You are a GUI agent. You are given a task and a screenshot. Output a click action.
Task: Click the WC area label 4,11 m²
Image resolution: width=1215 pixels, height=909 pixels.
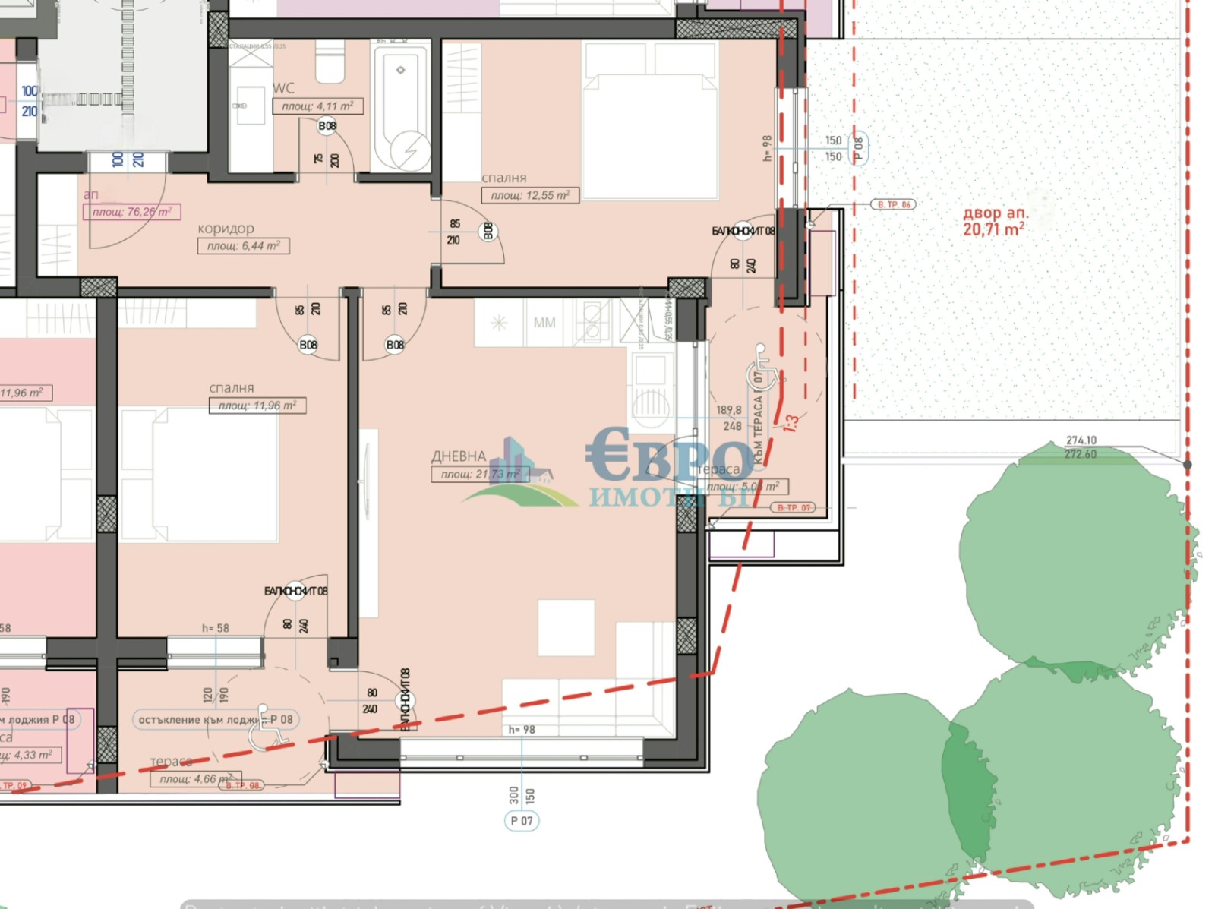click(317, 106)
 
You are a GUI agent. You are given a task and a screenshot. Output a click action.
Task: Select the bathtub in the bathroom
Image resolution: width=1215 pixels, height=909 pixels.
click(401, 106)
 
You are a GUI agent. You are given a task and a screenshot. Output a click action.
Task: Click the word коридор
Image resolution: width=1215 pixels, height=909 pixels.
click(226, 229)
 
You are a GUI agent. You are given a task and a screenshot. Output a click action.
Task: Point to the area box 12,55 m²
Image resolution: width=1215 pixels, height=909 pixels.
click(530, 196)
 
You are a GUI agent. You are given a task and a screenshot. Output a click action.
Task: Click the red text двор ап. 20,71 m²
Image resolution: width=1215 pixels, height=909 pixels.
click(994, 221)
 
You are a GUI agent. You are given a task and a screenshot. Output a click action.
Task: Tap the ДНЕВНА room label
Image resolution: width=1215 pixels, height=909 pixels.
click(459, 456)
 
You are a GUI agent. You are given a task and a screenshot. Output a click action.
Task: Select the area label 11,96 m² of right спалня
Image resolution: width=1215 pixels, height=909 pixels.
click(257, 406)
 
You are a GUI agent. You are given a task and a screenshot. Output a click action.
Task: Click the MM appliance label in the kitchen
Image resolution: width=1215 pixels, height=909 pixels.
click(544, 323)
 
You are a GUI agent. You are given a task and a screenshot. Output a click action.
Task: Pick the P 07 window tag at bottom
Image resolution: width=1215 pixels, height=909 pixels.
click(522, 821)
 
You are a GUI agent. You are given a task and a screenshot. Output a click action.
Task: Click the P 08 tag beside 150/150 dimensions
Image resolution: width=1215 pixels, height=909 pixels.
click(859, 147)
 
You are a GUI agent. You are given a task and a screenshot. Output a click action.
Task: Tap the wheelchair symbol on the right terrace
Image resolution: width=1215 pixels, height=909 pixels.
click(763, 366)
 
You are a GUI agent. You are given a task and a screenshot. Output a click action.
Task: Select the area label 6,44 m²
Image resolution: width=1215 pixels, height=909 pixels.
click(243, 246)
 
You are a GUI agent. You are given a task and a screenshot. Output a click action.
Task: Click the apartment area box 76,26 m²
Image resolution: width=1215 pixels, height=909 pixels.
click(131, 212)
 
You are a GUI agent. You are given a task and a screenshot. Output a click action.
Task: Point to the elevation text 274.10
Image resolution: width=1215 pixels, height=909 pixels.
click(1081, 440)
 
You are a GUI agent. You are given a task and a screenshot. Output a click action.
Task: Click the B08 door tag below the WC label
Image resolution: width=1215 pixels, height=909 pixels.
click(327, 126)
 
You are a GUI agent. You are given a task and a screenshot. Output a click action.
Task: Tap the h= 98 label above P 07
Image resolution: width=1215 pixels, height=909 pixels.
click(522, 730)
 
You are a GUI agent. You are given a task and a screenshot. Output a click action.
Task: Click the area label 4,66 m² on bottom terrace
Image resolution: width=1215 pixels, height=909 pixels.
click(196, 779)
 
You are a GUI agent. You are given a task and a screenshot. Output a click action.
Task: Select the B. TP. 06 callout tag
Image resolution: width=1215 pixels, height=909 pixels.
click(894, 205)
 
